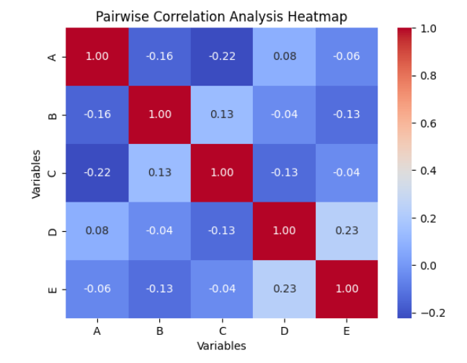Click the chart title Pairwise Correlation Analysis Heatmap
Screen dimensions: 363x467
pyautogui.click(x=221, y=17)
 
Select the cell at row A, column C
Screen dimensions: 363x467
pyautogui.click(x=222, y=56)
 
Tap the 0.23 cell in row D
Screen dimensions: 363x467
pyautogui.click(x=347, y=231)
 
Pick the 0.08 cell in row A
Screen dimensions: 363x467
pyautogui.click(x=284, y=56)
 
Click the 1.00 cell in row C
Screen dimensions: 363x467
pyautogui.click(x=222, y=173)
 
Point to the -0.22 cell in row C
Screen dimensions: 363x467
pyautogui.click(x=97, y=173)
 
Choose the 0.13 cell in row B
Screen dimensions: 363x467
pyautogui.click(x=222, y=115)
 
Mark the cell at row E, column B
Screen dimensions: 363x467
pyautogui.click(x=159, y=290)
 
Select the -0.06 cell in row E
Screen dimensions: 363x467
pyautogui.click(x=97, y=290)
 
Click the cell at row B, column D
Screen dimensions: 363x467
pyautogui.click(x=284, y=115)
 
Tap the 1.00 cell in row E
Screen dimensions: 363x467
pyautogui.click(x=347, y=290)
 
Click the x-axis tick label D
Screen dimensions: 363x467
pyautogui.click(x=284, y=331)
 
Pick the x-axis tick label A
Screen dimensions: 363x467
pyautogui.click(x=97, y=331)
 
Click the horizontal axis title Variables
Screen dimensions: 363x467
pyautogui.click(x=221, y=346)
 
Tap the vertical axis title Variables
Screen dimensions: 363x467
pyautogui.click(x=36, y=173)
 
